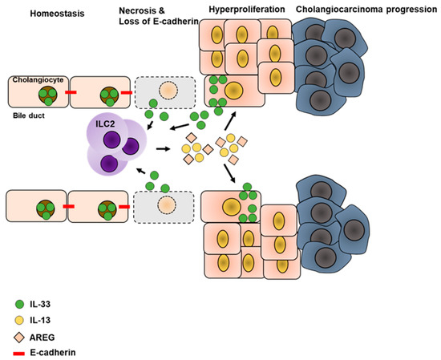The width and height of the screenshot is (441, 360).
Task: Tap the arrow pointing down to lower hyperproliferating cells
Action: pos(233,176)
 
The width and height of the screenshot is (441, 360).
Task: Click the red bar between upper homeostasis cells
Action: pos(70,92)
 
